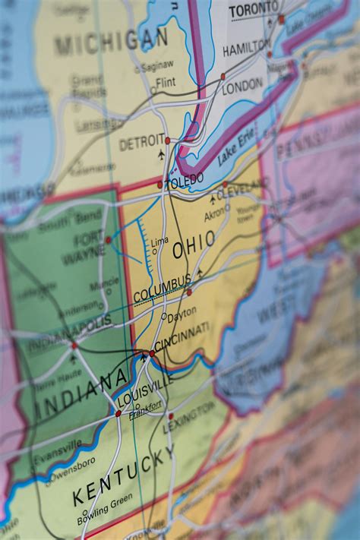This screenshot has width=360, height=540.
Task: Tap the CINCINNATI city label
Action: (182, 336)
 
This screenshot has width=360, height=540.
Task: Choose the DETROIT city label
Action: (141, 141)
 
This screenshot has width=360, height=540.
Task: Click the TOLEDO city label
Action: (184, 181)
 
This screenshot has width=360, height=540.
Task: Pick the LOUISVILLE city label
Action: (144, 390)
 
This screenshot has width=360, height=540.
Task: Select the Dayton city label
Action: (182, 313)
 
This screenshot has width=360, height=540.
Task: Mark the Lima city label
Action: (159, 242)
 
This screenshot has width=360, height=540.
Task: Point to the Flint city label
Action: (165, 82)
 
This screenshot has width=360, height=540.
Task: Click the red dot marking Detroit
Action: (168, 141)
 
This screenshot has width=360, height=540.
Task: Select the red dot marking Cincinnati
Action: (152, 353)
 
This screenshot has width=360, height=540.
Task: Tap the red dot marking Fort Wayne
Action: (108, 240)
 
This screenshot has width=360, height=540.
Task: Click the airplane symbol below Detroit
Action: (161, 155)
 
